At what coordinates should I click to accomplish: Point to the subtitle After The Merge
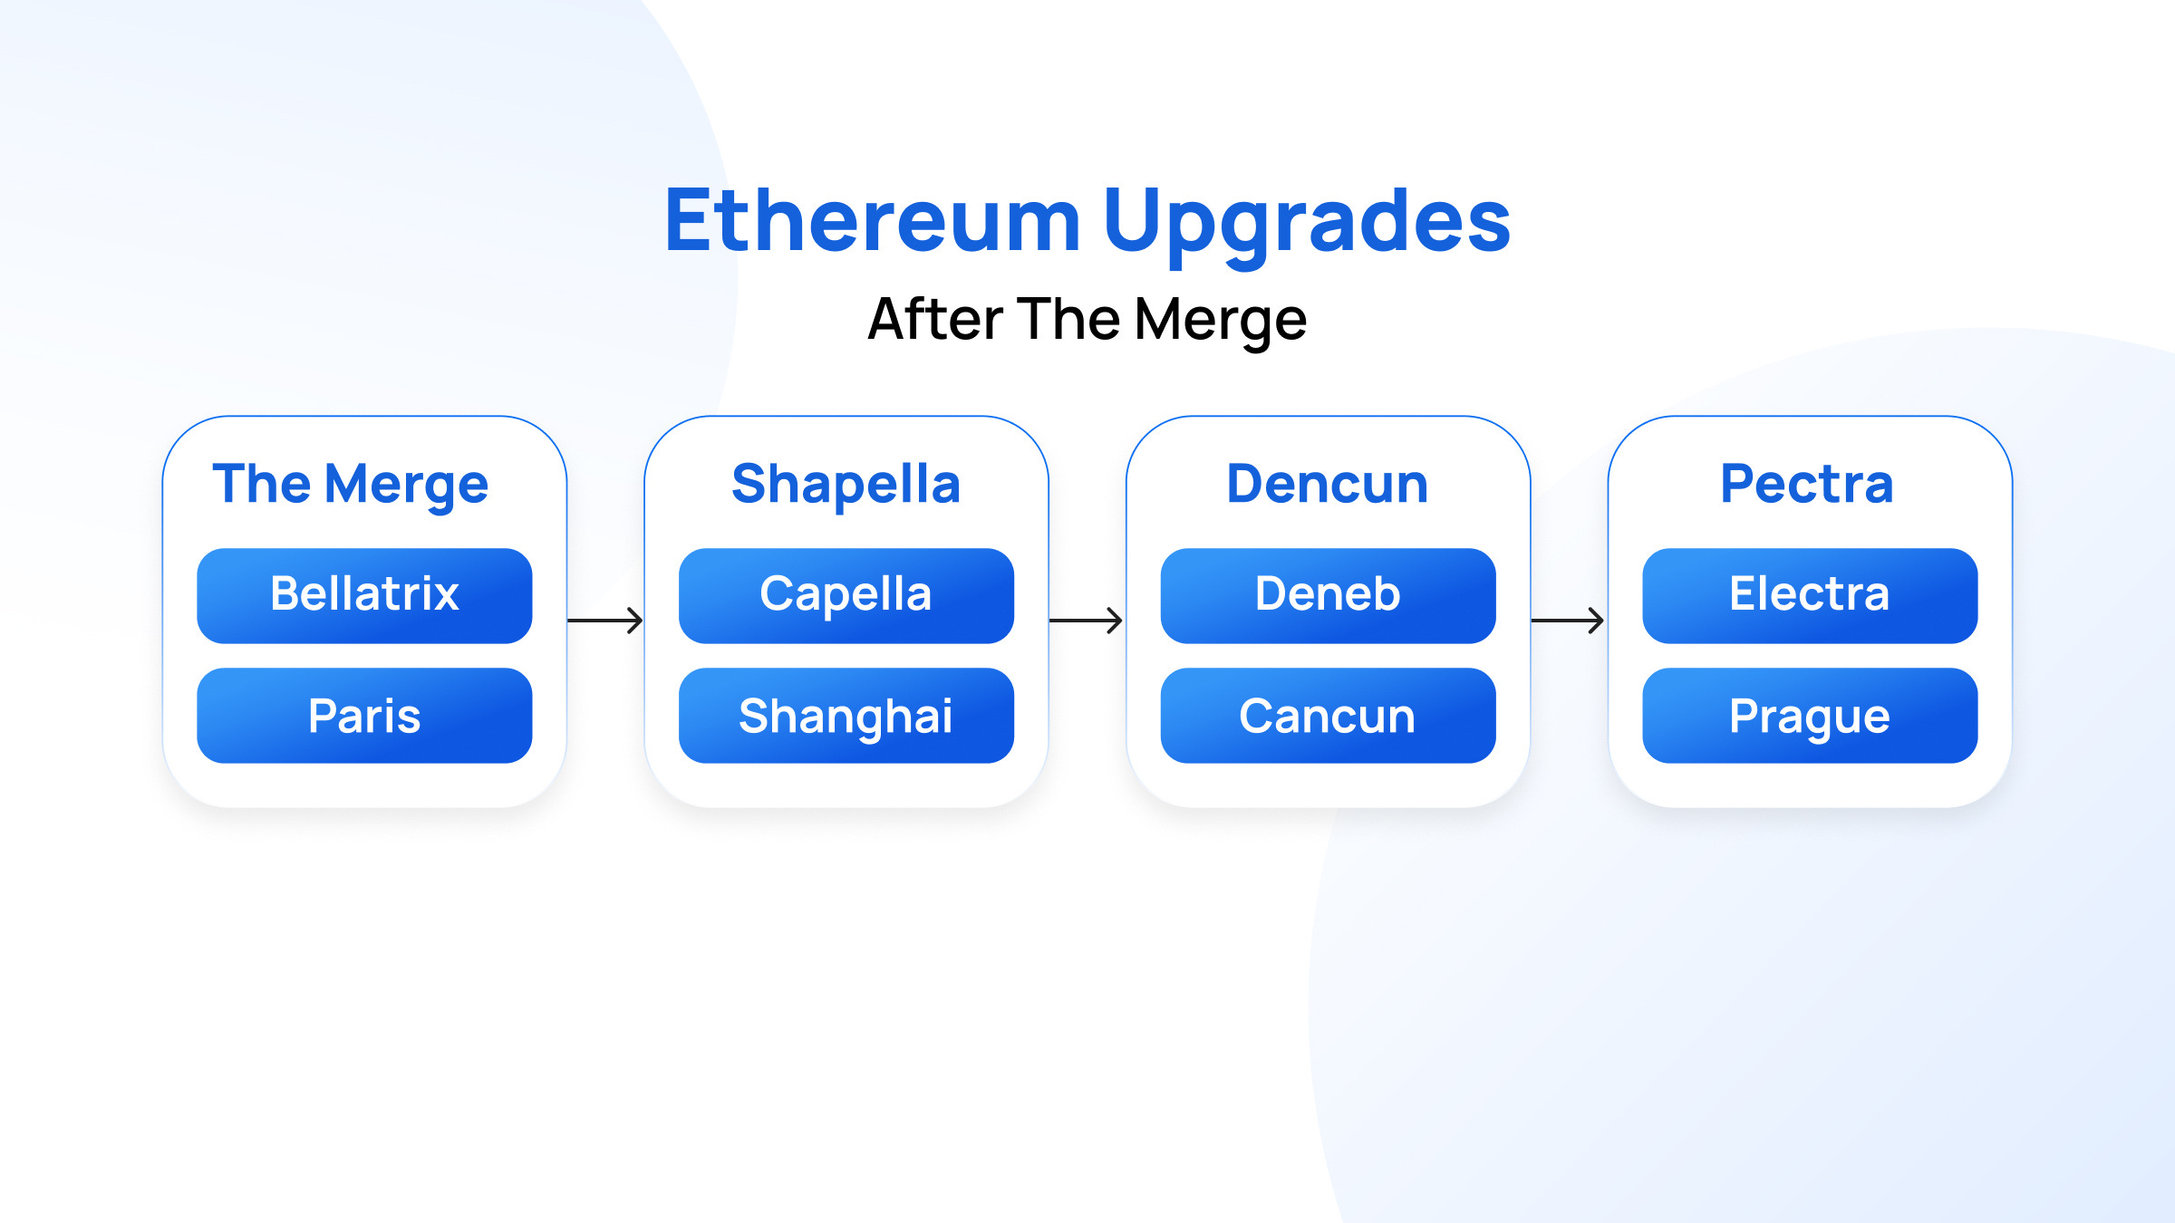coord(1087,320)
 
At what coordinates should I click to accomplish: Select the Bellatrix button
coord(364,595)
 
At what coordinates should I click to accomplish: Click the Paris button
coord(364,716)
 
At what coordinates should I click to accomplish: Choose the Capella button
coord(846,595)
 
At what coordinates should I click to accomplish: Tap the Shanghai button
coord(846,716)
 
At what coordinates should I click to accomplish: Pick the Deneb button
coord(1328,595)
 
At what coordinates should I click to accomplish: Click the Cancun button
coord(1328,716)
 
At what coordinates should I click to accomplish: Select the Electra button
coord(1810,595)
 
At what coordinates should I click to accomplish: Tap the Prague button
coord(1810,716)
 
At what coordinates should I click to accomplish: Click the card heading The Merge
coord(351,484)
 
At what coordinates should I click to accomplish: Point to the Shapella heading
coord(846,484)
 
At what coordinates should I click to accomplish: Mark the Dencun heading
coord(1328,484)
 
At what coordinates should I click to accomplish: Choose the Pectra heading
coord(1807,484)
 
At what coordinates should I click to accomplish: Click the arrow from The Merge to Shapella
coord(605,621)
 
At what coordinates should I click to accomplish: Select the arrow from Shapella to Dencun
coord(1087,621)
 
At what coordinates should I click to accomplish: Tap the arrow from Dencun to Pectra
coord(1568,621)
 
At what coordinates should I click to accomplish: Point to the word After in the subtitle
coord(934,319)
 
